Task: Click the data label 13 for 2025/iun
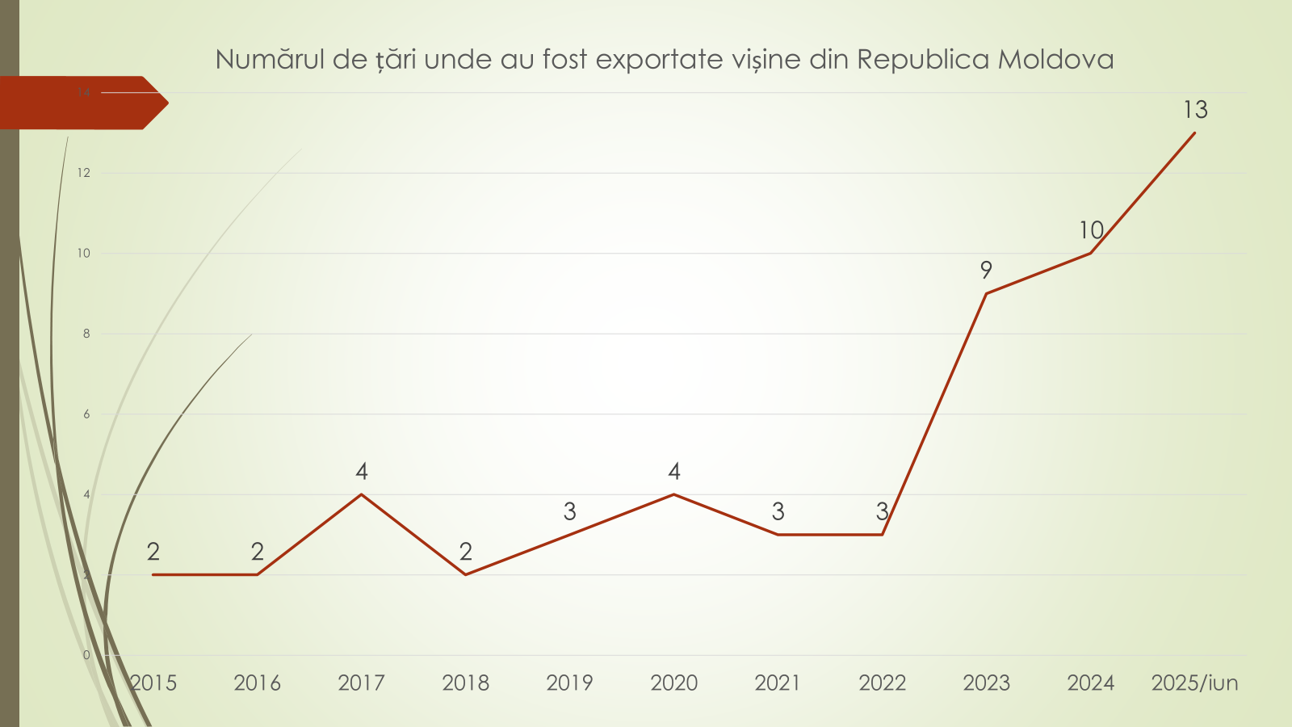[1195, 109]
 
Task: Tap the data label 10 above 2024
[1091, 230]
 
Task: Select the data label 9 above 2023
[986, 270]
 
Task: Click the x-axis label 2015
[153, 683]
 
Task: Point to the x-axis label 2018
[466, 683]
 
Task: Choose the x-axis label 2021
[778, 683]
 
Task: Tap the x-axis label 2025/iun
[1194, 683]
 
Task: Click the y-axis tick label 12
[84, 173]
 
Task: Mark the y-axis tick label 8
[86, 334]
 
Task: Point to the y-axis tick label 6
[86, 414]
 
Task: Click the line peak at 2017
[362, 494]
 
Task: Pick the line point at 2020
[674, 494]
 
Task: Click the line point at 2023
[986, 293]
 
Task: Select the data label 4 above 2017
[362, 471]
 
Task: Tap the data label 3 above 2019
[570, 511]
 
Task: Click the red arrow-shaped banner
[81, 103]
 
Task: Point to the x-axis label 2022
[882, 683]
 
